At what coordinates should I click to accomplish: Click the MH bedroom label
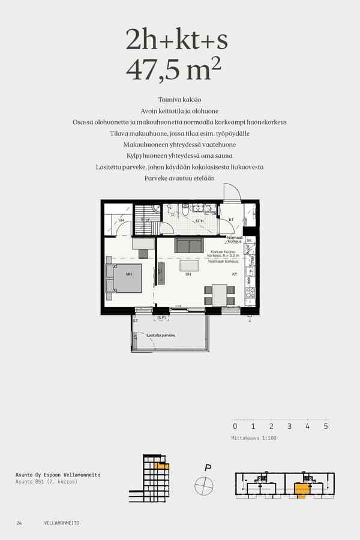coord(128,274)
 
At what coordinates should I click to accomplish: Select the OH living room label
coord(188,274)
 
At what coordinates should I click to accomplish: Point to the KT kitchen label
coord(235,274)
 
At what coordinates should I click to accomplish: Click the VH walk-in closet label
coord(121,221)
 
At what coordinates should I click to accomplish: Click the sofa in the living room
coord(189,245)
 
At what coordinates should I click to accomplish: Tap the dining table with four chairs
coord(219,295)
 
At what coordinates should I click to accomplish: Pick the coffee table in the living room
coord(189,265)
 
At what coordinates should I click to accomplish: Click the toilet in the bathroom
coord(185,209)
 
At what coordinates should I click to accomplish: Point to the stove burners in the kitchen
coord(251,294)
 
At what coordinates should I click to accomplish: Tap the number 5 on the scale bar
coord(326,427)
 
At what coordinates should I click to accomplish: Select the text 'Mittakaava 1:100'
coord(254,438)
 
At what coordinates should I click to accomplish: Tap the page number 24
coord(19,523)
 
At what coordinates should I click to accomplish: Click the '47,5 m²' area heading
coord(174,70)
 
